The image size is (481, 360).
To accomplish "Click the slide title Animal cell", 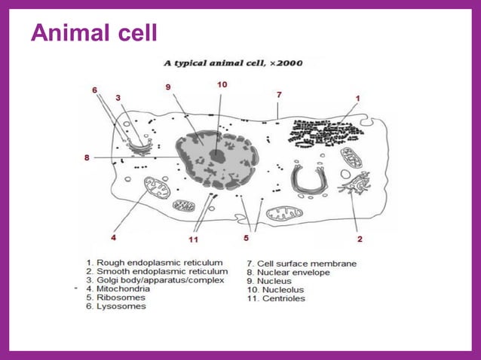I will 93,34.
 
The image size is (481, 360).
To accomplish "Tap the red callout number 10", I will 222,85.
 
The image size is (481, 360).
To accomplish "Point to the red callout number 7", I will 279,95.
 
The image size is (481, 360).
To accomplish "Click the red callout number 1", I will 357,98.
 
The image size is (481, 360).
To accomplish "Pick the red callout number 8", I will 87,157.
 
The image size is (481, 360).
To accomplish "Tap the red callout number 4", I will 114,237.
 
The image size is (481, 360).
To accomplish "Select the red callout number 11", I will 194,239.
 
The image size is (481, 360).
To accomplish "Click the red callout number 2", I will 360,239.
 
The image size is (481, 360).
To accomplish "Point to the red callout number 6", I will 95,90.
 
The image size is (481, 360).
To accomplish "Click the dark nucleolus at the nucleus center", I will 217,156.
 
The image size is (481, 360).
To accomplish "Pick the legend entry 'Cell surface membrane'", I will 302,264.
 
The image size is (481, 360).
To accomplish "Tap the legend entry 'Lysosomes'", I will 121,307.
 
